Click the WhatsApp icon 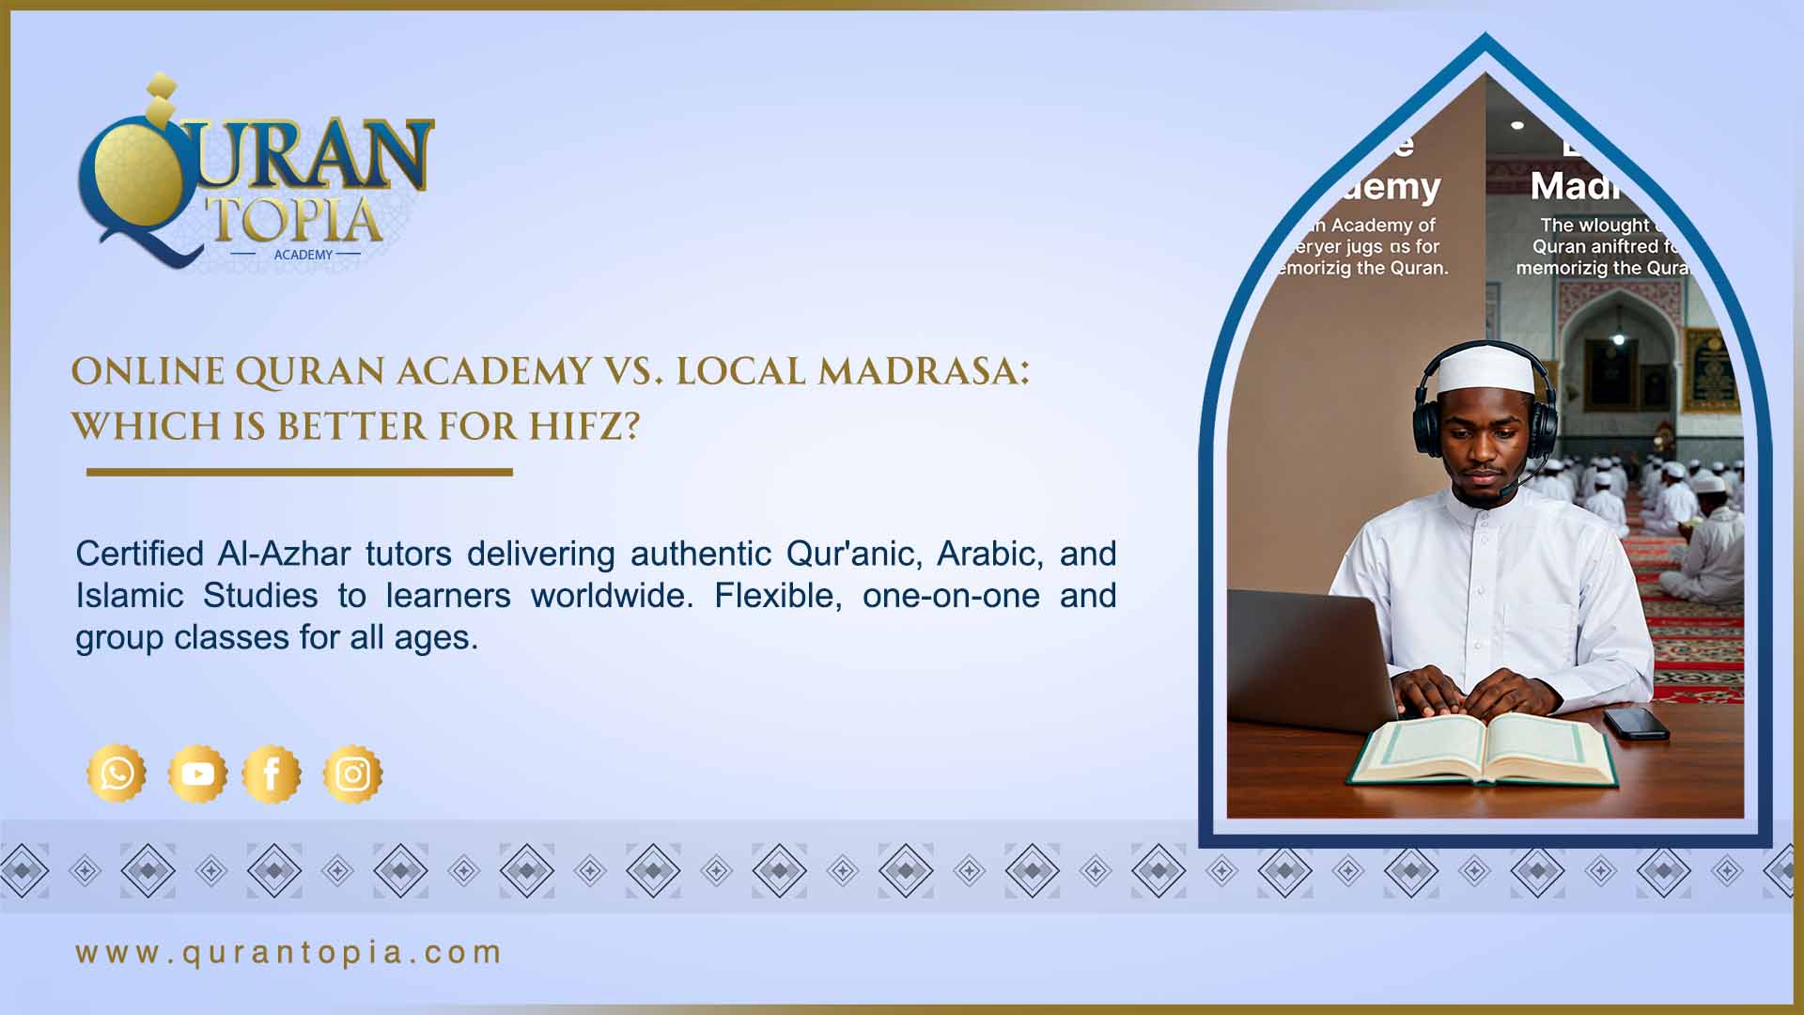pyautogui.click(x=117, y=773)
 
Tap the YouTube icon pyautogui.click(x=197, y=773)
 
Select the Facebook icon pyautogui.click(x=272, y=773)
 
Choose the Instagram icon pyautogui.click(x=352, y=773)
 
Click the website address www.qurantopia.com pyautogui.click(x=288, y=952)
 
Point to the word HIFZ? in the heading pyautogui.click(x=584, y=427)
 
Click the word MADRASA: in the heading pyautogui.click(x=924, y=371)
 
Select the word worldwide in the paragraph pyautogui.click(x=612, y=596)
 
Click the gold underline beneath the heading pyautogui.click(x=299, y=472)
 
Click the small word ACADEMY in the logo pyautogui.click(x=303, y=255)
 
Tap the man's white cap pyautogui.click(x=1484, y=369)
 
